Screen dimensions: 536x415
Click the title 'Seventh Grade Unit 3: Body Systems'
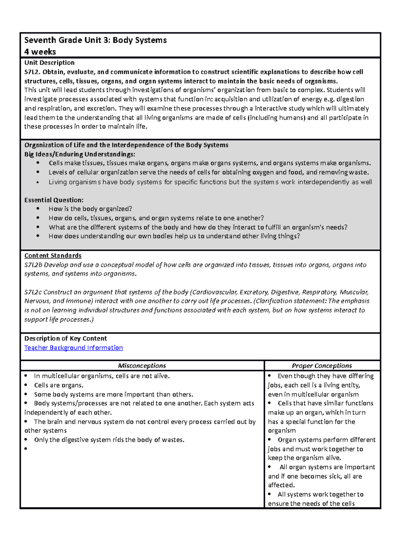point(95,40)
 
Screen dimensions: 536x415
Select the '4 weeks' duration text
point(40,52)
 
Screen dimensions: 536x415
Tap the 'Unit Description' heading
point(49,62)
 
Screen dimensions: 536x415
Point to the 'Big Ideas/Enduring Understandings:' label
point(80,154)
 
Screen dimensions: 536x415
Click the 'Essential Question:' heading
point(54,200)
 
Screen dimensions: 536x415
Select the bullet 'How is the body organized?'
point(90,209)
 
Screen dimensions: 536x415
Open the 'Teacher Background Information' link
point(73,348)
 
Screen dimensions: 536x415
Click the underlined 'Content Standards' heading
point(53,255)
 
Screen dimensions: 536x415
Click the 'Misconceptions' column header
point(142,366)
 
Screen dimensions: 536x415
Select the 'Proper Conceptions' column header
point(322,366)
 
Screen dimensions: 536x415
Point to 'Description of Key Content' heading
point(65,338)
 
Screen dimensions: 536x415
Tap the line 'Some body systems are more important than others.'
point(113,394)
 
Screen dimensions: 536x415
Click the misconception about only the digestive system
point(109,440)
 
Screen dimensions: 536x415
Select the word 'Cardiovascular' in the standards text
point(215,292)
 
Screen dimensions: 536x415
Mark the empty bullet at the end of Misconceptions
point(26,449)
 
